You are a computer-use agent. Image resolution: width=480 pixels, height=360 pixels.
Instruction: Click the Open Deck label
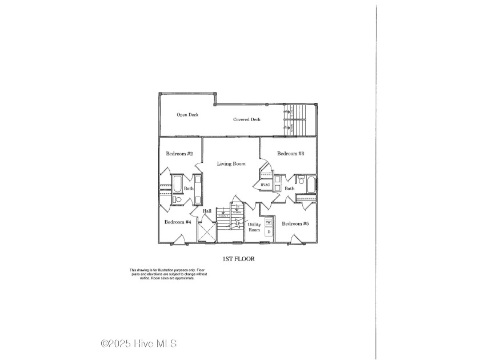tap(187, 115)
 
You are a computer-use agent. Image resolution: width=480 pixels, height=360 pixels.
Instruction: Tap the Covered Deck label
tap(247, 119)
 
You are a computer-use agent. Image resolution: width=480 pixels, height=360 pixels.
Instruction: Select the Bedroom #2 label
tap(179, 154)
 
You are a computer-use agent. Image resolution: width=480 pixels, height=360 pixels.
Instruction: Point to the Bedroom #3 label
tap(290, 153)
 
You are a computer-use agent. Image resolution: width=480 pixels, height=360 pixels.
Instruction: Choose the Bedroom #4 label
tap(177, 222)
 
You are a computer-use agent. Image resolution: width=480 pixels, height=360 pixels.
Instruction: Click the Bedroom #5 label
tap(295, 223)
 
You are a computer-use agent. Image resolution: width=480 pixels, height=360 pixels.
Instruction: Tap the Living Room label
tap(231, 163)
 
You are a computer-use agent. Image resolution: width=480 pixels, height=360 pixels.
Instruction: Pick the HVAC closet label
tap(265, 185)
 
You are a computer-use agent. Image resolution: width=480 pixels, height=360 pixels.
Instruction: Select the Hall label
tap(207, 211)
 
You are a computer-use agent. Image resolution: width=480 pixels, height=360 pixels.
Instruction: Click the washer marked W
tap(268, 222)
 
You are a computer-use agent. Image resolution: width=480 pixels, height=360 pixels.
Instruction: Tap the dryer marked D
tap(269, 232)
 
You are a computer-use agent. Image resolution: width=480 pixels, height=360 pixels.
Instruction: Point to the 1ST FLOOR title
tap(238, 259)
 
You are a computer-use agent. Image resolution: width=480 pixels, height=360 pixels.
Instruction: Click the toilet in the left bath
tap(177, 199)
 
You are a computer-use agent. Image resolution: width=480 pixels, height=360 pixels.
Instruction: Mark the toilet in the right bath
tap(301, 181)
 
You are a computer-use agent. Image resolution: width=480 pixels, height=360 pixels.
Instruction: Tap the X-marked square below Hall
tap(207, 231)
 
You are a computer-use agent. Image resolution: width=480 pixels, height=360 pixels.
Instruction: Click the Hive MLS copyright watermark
tap(139, 343)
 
